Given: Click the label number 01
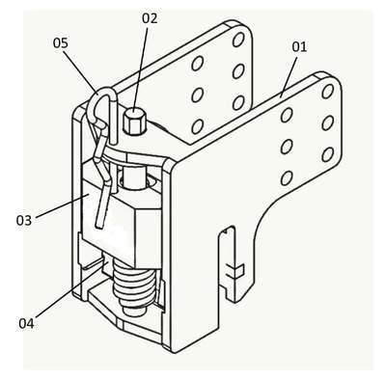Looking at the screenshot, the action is tap(299, 47).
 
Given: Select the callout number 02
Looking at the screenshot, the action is tap(150, 18).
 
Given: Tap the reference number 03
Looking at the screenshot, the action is tap(24, 221).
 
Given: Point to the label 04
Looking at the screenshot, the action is tap(27, 323).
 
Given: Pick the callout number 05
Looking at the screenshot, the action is tap(61, 42).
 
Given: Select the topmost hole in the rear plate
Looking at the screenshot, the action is tap(238, 40).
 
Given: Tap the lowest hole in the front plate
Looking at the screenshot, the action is tap(287, 178).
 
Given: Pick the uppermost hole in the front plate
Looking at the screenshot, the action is tap(327, 92).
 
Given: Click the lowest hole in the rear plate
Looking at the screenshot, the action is tap(197, 126).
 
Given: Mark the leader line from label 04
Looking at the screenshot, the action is tap(70, 288).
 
